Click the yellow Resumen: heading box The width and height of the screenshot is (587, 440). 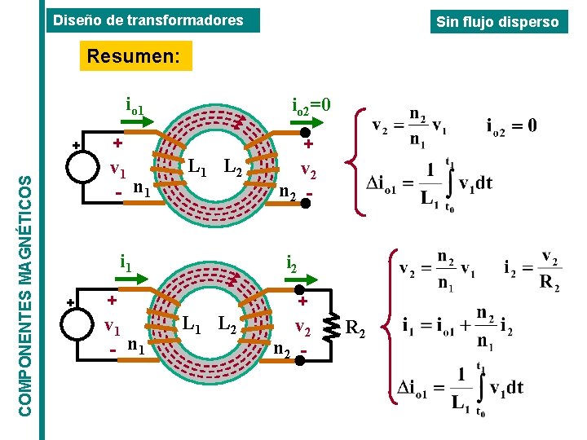136,55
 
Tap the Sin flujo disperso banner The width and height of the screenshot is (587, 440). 499,22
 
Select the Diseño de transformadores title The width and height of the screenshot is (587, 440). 153,20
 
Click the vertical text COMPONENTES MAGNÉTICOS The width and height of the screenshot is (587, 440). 25,297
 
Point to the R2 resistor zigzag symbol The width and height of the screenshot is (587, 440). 331,328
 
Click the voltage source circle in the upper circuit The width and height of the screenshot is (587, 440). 82,167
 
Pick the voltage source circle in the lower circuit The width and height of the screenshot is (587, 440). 77,324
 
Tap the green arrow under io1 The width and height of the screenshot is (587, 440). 137,121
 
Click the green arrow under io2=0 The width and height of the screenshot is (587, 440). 307,122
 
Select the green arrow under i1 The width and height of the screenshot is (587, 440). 131,279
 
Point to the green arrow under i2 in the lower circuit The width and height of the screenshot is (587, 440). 301,279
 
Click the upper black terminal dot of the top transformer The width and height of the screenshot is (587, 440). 306,133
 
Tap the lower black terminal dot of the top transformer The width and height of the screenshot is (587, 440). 306,203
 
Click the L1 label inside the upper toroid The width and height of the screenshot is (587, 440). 197,167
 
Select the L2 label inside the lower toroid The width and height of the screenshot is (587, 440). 227,325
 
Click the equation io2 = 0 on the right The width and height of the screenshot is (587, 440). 511,126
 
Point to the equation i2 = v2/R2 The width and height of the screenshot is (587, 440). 533,271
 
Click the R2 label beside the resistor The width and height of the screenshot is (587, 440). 355,328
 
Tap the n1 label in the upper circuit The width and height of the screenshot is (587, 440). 142,188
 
